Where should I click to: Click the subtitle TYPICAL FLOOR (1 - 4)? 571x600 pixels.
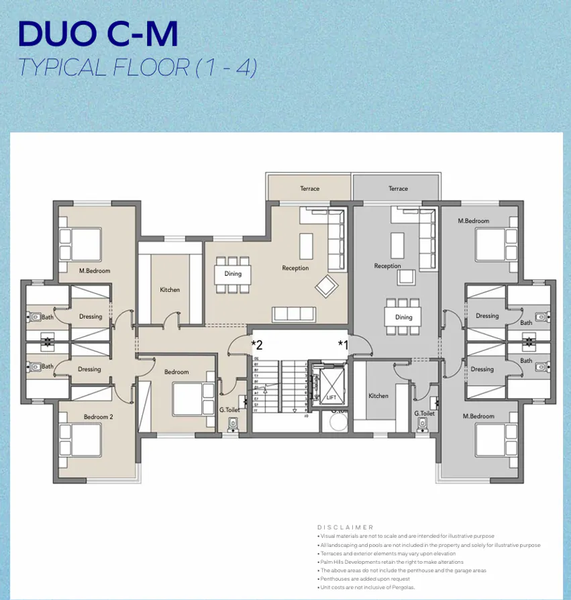click(x=138, y=68)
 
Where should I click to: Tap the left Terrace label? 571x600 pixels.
click(x=310, y=189)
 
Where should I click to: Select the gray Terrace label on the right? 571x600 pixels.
click(x=398, y=189)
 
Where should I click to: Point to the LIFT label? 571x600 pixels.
click(x=331, y=397)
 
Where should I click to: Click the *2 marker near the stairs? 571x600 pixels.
click(x=257, y=345)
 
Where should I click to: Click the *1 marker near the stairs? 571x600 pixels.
click(x=343, y=345)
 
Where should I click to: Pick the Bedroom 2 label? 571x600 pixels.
click(x=98, y=417)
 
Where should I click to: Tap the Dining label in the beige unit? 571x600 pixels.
click(x=233, y=274)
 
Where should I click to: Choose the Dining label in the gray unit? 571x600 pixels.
click(x=403, y=317)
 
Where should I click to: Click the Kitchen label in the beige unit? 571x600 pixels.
click(x=170, y=290)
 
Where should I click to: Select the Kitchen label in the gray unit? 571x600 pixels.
click(x=378, y=396)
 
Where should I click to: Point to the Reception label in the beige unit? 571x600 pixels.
click(x=295, y=268)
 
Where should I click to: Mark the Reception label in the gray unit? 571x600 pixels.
click(x=387, y=266)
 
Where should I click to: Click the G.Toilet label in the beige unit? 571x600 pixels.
click(x=229, y=410)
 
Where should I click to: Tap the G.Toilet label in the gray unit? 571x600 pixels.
click(x=424, y=413)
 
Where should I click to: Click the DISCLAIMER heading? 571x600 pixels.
click(x=345, y=528)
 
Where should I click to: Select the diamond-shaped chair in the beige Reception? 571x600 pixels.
click(x=327, y=286)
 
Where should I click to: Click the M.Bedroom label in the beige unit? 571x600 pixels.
click(x=94, y=271)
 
